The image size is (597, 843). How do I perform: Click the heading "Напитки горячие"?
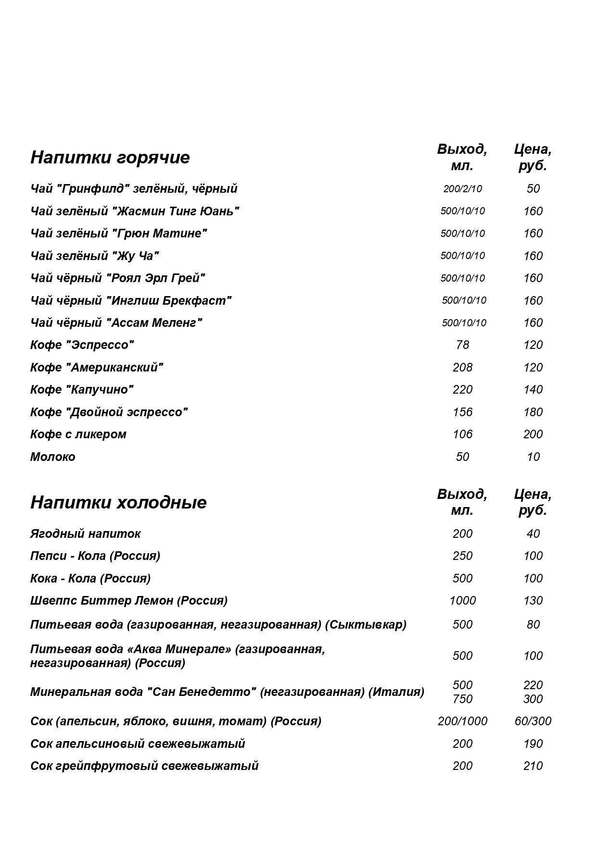pyautogui.click(x=110, y=158)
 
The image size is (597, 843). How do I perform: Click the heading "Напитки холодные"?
pyautogui.click(x=118, y=502)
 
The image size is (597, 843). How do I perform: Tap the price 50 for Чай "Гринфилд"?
pyautogui.click(x=533, y=188)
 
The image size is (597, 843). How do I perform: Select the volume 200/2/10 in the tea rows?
pyautogui.click(x=462, y=189)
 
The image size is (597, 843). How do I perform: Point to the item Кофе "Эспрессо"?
pyautogui.click(x=82, y=345)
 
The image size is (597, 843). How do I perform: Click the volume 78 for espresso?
pyautogui.click(x=462, y=345)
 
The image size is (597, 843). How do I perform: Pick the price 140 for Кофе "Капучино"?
pyautogui.click(x=533, y=390)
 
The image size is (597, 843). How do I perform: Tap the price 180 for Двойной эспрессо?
pyautogui.click(x=533, y=412)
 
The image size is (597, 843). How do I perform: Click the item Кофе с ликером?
pyautogui.click(x=78, y=434)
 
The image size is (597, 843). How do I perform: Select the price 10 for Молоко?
pyautogui.click(x=533, y=457)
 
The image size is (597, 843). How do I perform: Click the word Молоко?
pyautogui.click(x=53, y=457)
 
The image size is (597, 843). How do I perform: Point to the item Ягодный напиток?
pyautogui.click(x=86, y=533)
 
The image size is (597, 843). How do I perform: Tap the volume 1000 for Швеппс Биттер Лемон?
pyautogui.click(x=462, y=601)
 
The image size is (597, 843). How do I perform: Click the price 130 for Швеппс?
pyautogui.click(x=533, y=601)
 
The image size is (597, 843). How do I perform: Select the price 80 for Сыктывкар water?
pyautogui.click(x=533, y=625)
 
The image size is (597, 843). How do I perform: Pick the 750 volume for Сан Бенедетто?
pyautogui.click(x=462, y=699)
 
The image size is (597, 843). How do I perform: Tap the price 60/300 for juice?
pyautogui.click(x=533, y=721)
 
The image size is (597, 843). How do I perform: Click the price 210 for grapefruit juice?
pyautogui.click(x=533, y=766)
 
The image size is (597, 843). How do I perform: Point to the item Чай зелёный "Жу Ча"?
pyautogui.click(x=95, y=256)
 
